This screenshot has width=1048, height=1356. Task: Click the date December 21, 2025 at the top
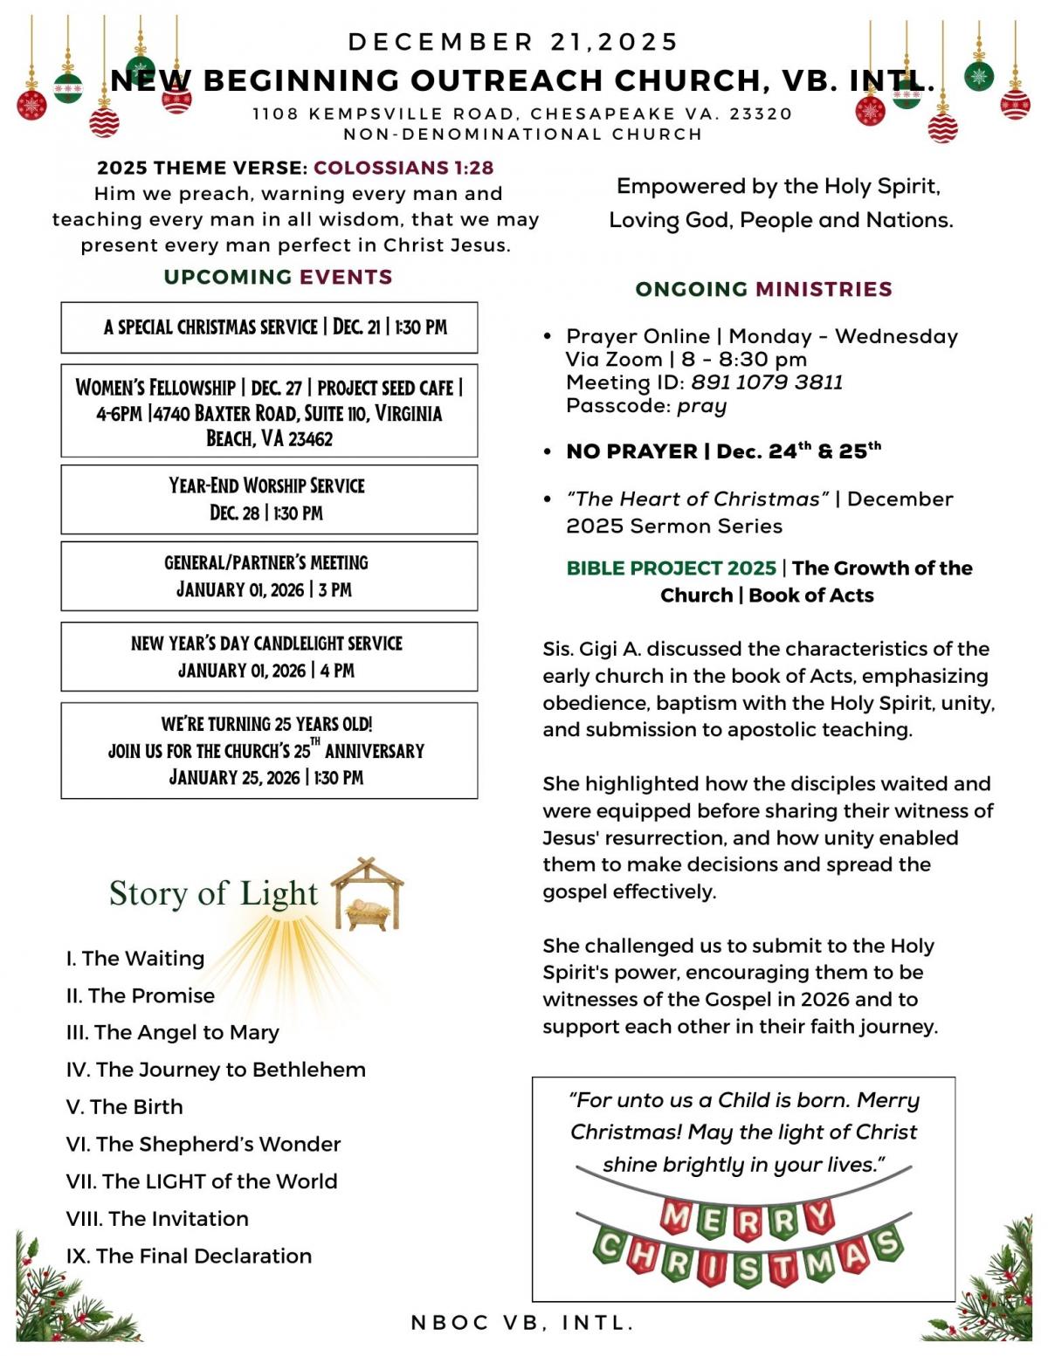[x=514, y=42]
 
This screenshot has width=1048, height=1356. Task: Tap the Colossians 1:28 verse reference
[x=403, y=168]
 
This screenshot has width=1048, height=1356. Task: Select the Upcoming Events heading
[x=278, y=277]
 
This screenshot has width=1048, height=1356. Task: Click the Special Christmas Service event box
[x=269, y=327]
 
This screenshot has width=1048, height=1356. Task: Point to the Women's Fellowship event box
[x=269, y=411]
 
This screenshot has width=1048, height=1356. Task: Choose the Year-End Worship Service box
[x=269, y=499]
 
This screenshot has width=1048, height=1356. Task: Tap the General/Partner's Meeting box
[x=269, y=576]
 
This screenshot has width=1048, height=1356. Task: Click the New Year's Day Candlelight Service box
[x=269, y=657]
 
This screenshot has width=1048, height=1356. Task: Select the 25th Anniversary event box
[x=269, y=750]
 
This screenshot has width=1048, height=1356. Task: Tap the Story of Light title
[x=213, y=893]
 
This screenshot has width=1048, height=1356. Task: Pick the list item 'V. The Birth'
[x=125, y=1107]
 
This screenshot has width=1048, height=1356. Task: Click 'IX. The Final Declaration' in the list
[x=189, y=1256]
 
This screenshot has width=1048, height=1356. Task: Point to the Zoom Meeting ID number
[x=767, y=382]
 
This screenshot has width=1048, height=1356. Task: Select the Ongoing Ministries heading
[x=763, y=289]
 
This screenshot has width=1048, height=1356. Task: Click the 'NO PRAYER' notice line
[x=723, y=451]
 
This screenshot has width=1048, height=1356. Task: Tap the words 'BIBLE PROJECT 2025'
[x=671, y=568]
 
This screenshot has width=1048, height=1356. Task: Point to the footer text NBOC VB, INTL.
[x=522, y=1323]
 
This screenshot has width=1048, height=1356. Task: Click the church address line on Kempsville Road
[x=522, y=114]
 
